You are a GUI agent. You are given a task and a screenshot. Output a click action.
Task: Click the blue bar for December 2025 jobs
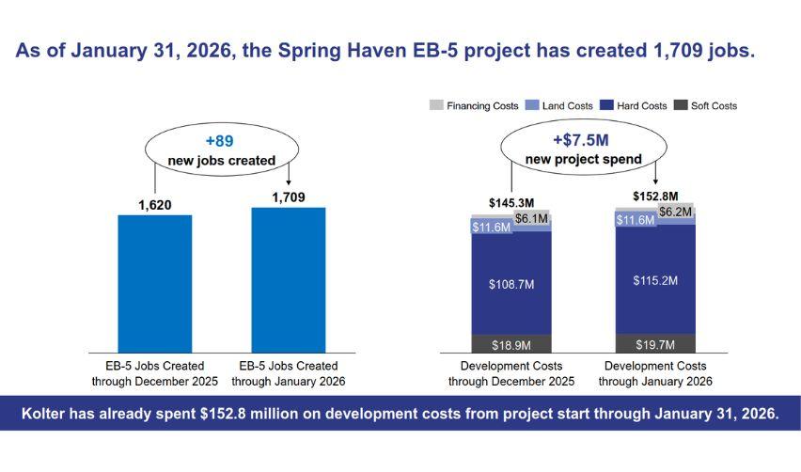pyautogui.click(x=154, y=283)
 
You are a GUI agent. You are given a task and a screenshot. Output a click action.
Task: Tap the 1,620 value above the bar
pyautogui.click(x=154, y=202)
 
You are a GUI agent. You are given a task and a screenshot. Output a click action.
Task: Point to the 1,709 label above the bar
pyautogui.click(x=289, y=196)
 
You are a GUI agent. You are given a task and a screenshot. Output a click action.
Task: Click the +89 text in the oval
pyautogui.click(x=221, y=141)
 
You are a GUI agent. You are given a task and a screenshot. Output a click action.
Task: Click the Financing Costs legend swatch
pyautogui.click(x=437, y=106)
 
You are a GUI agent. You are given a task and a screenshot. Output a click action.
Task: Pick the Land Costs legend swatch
pyautogui.click(x=531, y=106)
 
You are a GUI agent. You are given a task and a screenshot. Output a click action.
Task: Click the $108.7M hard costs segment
pyautogui.click(x=510, y=283)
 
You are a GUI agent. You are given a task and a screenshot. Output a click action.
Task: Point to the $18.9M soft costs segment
pyautogui.click(x=510, y=344)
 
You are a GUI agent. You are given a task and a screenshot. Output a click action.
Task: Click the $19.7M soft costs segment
pyautogui.click(x=655, y=343)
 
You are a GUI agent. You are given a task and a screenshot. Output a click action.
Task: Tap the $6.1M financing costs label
pyautogui.click(x=533, y=218)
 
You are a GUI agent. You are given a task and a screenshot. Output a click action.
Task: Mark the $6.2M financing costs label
pyautogui.click(x=676, y=212)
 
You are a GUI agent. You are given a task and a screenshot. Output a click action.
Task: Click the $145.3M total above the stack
pyautogui.click(x=511, y=202)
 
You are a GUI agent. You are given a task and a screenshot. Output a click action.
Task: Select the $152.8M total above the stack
pyautogui.click(x=655, y=196)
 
